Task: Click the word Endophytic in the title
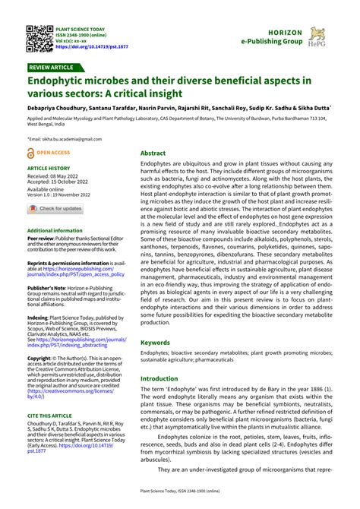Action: (58, 81)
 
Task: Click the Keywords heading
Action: (155, 343)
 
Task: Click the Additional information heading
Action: (55, 230)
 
